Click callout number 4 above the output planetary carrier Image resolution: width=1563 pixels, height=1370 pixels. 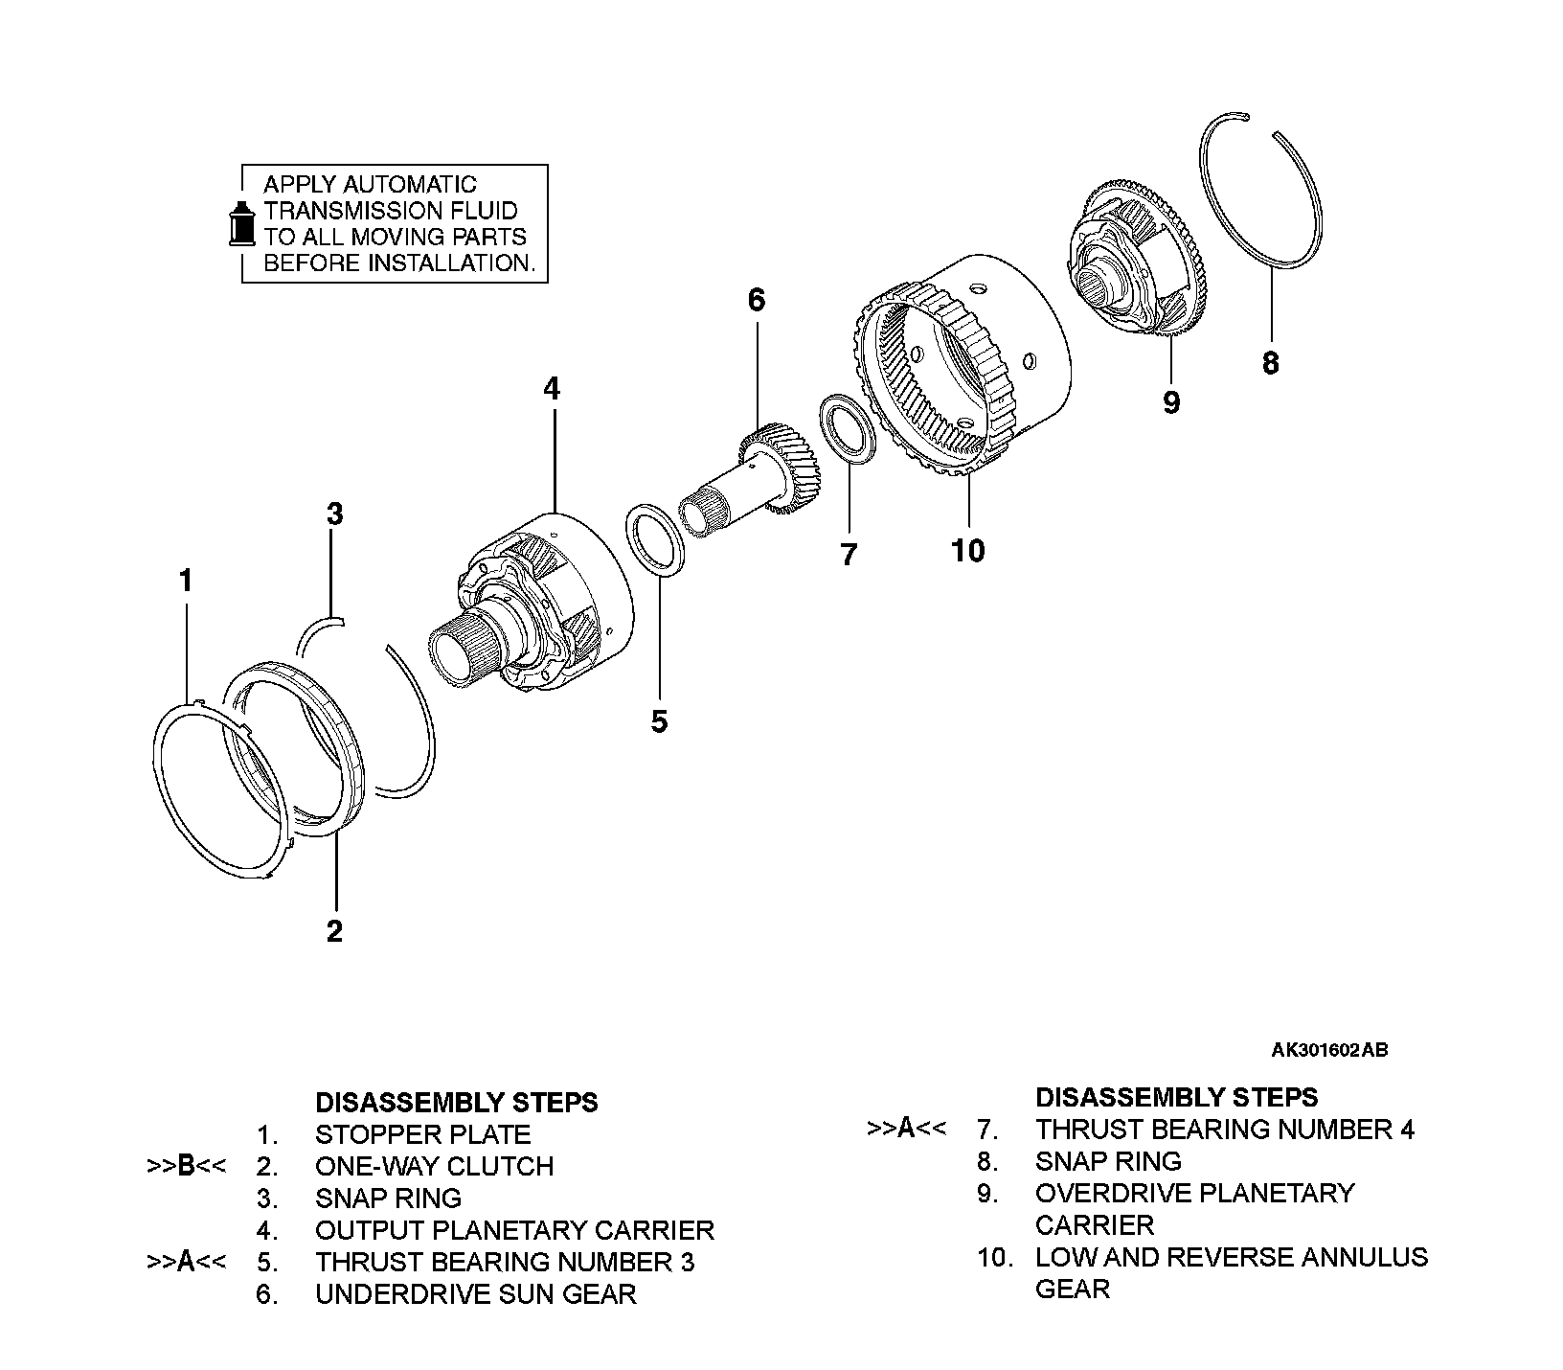[x=551, y=389]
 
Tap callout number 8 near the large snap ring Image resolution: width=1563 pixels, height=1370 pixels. [x=1270, y=364]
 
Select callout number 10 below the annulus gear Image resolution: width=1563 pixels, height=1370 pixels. [x=968, y=551]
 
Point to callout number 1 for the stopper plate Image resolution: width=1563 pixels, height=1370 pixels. [x=186, y=581]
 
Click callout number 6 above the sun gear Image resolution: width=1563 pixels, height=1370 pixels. [x=757, y=301]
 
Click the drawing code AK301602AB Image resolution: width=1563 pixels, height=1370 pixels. [x=1329, y=1050]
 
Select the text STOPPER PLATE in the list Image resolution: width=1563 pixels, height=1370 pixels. [x=422, y=1135]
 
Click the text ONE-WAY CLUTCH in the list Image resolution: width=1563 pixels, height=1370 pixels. [x=434, y=1167]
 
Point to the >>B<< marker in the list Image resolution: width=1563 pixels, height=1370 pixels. [x=186, y=1167]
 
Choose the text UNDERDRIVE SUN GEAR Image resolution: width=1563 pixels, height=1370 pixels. [x=475, y=1294]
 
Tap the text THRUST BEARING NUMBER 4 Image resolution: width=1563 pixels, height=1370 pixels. [x=1224, y=1130]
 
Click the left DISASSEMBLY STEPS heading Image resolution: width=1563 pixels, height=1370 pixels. [x=456, y=1103]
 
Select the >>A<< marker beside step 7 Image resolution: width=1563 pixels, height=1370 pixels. [x=906, y=1130]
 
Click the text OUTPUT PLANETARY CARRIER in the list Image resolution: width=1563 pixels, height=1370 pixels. [x=514, y=1230]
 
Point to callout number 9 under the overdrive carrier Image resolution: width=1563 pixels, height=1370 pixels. [x=1171, y=402]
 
